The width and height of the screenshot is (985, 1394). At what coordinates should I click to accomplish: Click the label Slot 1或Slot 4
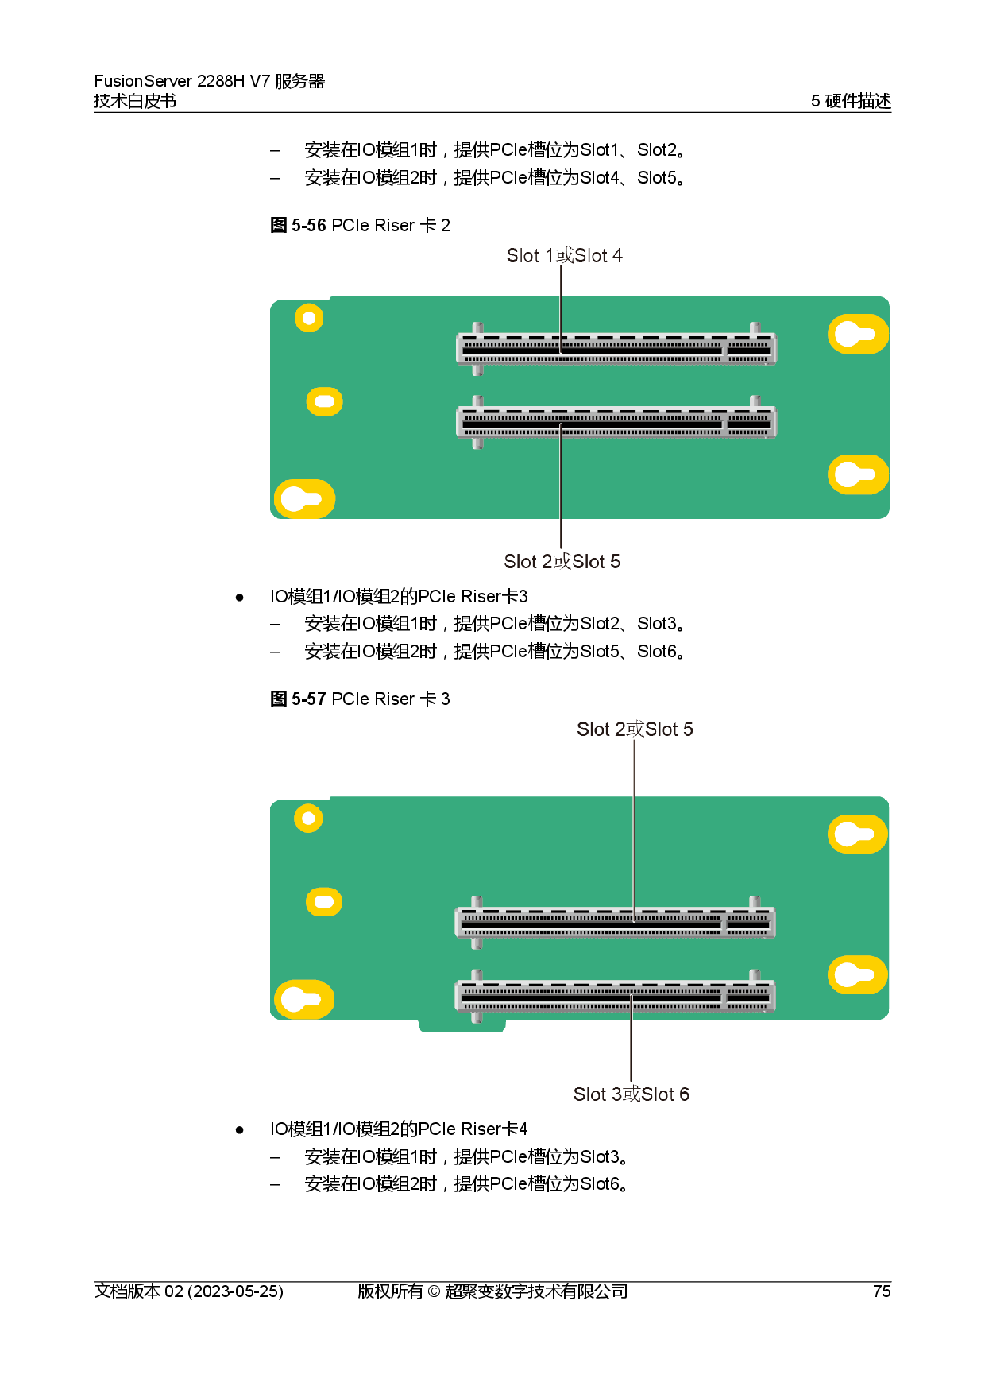pyautogui.click(x=564, y=256)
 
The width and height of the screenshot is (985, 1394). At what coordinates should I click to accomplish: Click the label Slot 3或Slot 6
pyautogui.click(x=631, y=1094)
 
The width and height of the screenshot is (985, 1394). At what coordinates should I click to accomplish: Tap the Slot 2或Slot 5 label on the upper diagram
pyautogui.click(x=562, y=562)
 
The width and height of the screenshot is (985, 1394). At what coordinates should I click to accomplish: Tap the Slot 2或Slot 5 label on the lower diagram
pyautogui.click(x=635, y=730)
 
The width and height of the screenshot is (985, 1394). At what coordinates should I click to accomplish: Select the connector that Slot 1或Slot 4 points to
pyautogui.click(x=616, y=350)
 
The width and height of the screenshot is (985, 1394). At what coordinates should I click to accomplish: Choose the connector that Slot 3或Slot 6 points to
pyautogui.click(x=614, y=997)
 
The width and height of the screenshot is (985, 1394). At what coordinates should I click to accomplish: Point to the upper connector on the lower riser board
pyautogui.click(x=614, y=924)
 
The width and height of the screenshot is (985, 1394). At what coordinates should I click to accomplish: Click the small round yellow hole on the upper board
pyautogui.click(x=309, y=318)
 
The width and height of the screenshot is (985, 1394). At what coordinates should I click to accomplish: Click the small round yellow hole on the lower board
pyautogui.click(x=308, y=818)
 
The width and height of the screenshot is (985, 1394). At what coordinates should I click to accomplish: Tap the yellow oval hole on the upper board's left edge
pyautogui.click(x=324, y=401)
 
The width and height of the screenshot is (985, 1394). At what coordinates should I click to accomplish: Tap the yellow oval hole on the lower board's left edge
pyautogui.click(x=324, y=901)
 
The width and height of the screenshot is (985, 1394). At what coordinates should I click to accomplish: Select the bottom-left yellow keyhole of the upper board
pyautogui.click(x=303, y=499)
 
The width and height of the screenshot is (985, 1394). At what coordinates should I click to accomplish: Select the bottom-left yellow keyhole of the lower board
pyautogui.click(x=303, y=1000)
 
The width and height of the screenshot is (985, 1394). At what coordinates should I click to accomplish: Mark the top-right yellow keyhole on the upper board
pyautogui.click(x=857, y=334)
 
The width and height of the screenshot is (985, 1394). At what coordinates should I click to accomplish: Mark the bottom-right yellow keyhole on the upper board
pyautogui.click(x=857, y=474)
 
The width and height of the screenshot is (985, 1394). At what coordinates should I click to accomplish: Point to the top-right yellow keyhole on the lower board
pyautogui.click(x=857, y=834)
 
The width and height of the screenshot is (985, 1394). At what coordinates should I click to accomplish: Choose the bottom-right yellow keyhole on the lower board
pyautogui.click(x=857, y=974)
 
